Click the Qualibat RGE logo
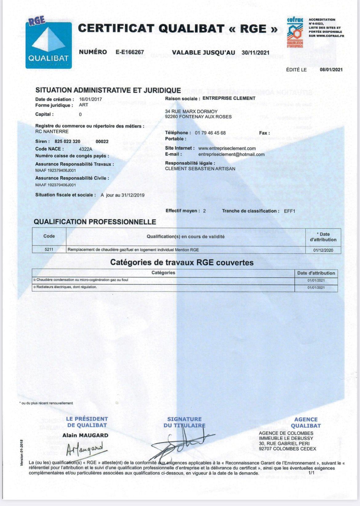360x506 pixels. [x=49, y=44]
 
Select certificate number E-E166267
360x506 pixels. [x=130, y=52]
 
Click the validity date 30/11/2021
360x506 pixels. [x=255, y=53]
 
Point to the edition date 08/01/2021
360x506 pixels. [x=331, y=70]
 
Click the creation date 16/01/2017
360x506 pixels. [x=90, y=99]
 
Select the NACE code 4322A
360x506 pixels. [x=86, y=149]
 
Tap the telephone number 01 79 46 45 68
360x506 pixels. [x=210, y=133]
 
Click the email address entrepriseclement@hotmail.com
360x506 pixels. [x=231, y=154]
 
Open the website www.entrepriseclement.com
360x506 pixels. [x=227, y=148]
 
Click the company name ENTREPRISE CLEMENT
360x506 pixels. [x=229, y=98]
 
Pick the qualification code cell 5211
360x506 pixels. [x=49, y=249]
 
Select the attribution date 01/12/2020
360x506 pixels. [x=323, y=250]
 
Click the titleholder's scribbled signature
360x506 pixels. [x=182, y=443]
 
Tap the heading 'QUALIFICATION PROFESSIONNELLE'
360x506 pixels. [x=95, y=222]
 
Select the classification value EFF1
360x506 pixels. [x=289, y=211]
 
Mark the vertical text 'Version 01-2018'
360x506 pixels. [x=22, y=453]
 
